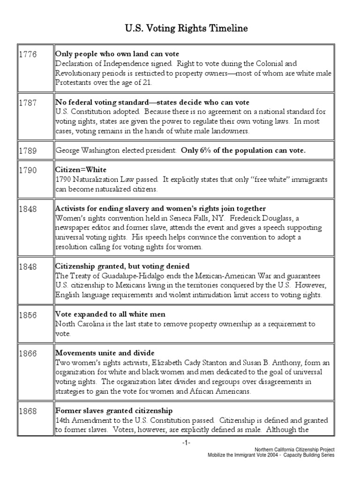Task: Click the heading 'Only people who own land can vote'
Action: (117, 54)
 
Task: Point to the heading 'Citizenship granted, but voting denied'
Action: (122, 266)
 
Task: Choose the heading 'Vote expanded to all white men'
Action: (110, 315)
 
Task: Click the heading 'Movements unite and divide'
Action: (105, 352)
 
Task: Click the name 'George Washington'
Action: (85, 151)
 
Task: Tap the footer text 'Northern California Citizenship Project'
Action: (294, 449)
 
